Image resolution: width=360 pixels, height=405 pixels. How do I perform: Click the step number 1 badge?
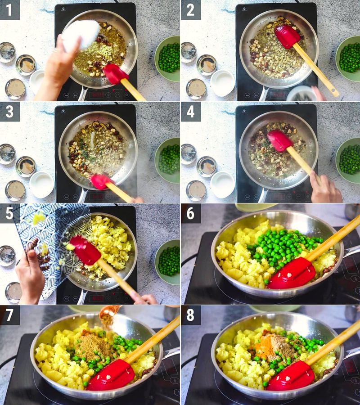click(9, 9)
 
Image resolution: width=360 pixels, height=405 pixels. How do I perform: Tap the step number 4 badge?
click(190, 111)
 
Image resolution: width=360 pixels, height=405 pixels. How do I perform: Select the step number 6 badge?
click(190, 213)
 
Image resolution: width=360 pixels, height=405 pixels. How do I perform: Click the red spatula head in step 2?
click(287, 36)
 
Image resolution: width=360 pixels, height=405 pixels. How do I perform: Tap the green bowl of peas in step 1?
click(168, 58)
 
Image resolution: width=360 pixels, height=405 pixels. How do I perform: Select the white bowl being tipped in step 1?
click(81, 35)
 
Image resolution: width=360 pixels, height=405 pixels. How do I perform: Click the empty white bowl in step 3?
click(42, 184)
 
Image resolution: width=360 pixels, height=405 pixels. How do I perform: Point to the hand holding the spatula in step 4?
click(325, 189)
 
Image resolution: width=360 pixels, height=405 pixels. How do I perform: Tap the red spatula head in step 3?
click(101, 181)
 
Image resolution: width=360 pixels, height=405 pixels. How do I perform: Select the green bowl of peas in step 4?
click(349, 160)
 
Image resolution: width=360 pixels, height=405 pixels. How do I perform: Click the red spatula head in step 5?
click(85, 250)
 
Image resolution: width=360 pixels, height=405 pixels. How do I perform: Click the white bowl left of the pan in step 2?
click(223, 83)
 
